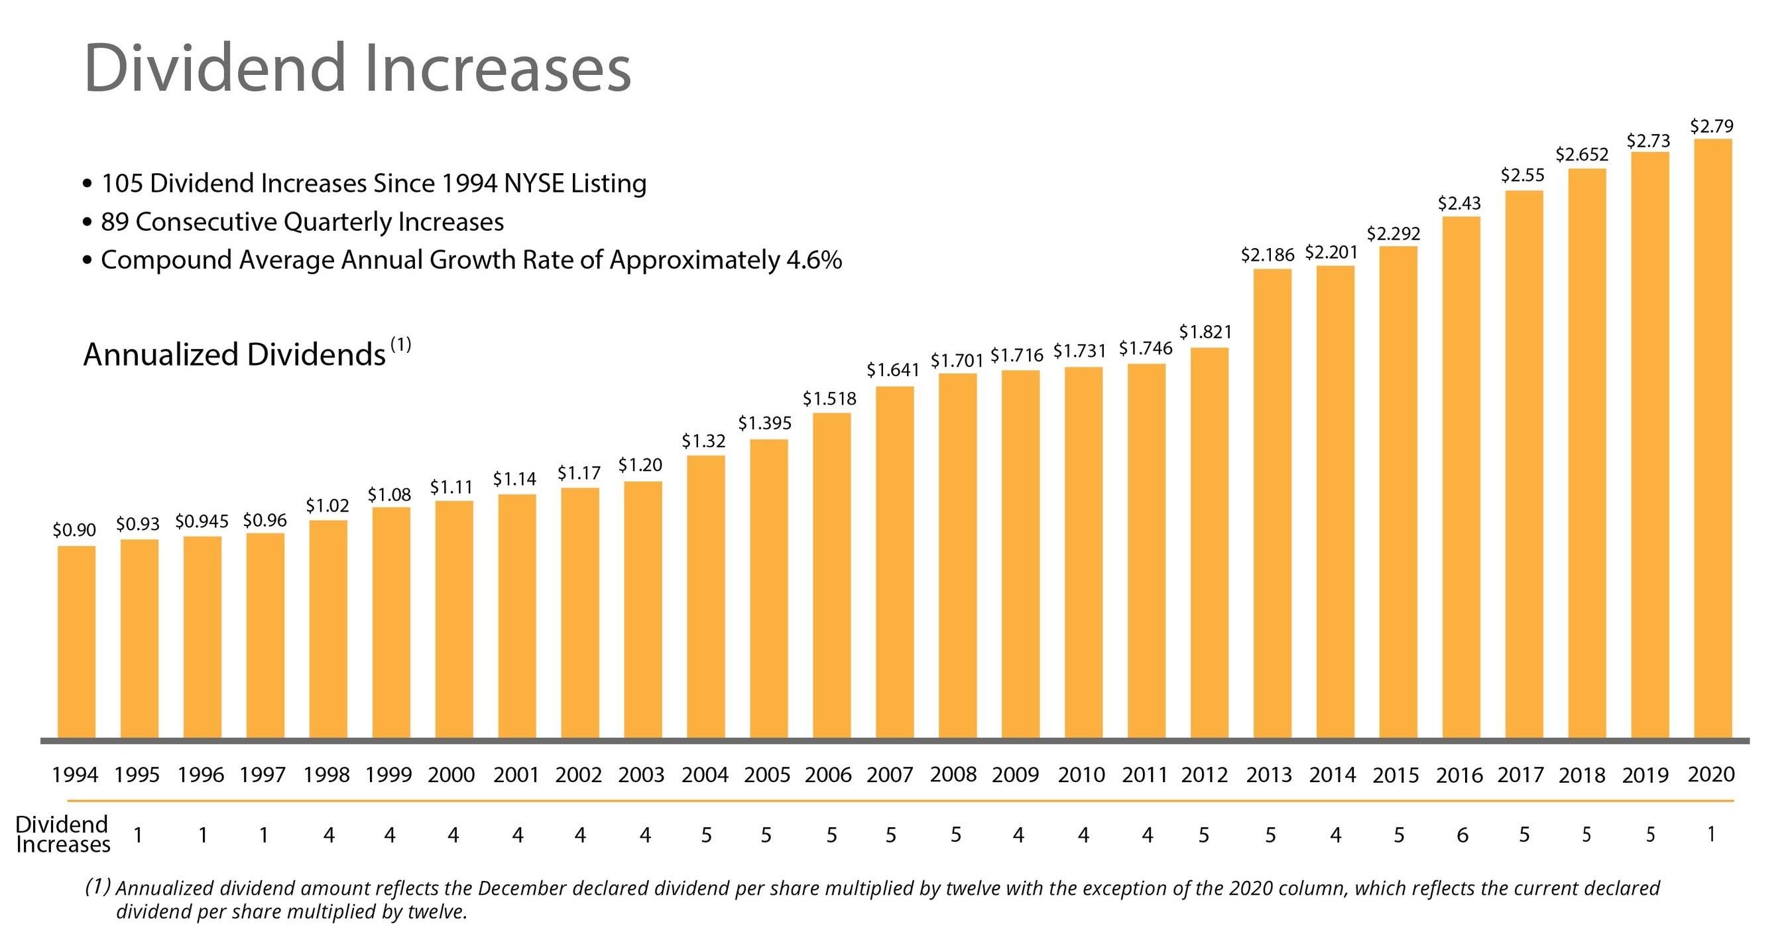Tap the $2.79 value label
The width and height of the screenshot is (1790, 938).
tap(1712, 126)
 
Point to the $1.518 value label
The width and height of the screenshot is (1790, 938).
tap(829, 399)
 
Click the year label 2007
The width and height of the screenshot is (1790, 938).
tap(890, 774)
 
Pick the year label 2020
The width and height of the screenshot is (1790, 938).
tap(1711, 774)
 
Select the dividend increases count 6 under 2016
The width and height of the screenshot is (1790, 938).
tap(1462, 835)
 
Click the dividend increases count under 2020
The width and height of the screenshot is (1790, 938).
tap(1711, 834)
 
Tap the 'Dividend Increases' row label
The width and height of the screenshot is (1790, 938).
tap(62, 834)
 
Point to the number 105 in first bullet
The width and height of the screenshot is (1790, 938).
tap(121, 184)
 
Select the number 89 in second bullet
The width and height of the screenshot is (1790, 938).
tap(115, 222)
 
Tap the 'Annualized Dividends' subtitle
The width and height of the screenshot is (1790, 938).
tap(234, 355)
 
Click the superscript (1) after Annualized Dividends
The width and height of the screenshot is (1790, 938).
tap(401, 344)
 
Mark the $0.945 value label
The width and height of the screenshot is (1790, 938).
tap(202, 521)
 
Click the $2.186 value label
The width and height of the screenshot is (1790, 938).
tap(1268, 255)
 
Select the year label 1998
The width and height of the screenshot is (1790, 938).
tap(326, 774)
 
